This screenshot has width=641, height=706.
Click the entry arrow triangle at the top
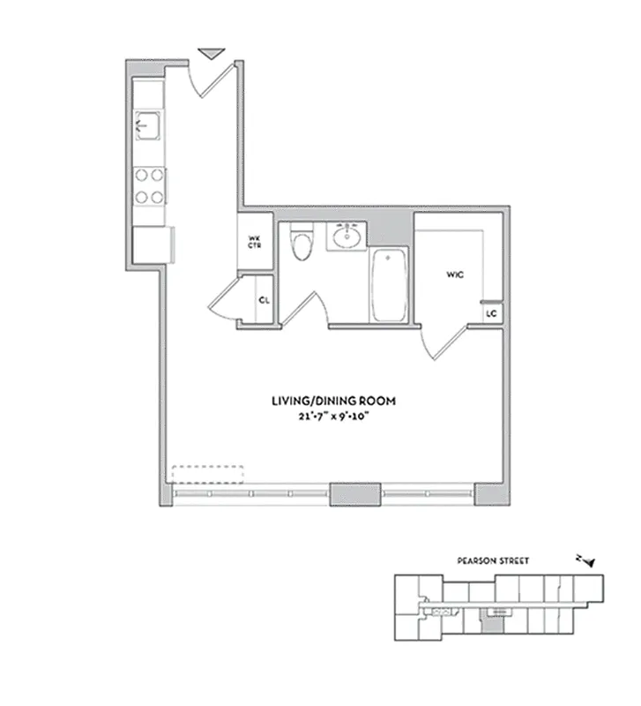tap(212, 54)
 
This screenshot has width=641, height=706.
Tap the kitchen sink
tap(149, 124)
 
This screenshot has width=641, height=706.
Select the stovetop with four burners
tap(149, 185)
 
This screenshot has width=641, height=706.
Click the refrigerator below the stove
tap(149, 244)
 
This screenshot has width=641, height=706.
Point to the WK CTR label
tap(254, 241)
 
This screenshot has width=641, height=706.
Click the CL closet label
tap(263, 300)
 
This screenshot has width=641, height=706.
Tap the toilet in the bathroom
tap(302, 244)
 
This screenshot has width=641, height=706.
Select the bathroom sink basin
tap(346, 237)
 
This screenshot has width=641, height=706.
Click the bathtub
tap(389, 284)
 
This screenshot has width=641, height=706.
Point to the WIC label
tap(455, 274)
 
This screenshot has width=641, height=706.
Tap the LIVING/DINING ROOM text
tap(333, 401)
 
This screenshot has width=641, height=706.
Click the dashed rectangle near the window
tap(207, 475)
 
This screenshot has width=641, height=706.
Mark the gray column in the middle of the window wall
tap(354, 494)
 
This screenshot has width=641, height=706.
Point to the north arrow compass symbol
tap(585, 560)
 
